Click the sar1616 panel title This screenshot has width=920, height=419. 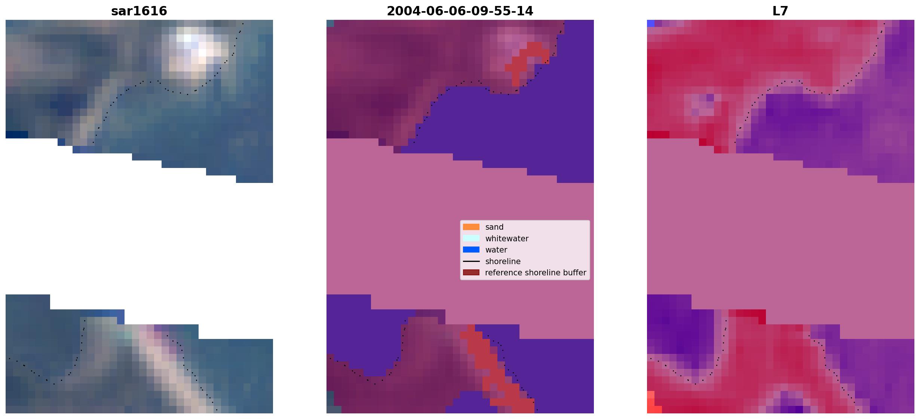139,11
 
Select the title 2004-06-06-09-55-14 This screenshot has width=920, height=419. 460,11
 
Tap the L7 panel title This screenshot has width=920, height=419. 781,11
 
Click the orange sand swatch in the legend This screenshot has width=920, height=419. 471,227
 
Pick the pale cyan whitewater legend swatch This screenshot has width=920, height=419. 471,238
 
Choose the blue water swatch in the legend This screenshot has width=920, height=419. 471,250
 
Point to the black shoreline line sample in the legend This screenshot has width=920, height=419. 471,261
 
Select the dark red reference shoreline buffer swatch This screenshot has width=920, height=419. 471,272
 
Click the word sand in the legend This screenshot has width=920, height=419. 494,227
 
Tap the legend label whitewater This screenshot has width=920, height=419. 507,239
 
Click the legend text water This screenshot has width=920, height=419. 496,250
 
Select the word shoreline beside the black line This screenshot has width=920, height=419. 503,262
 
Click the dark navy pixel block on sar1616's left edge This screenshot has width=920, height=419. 17,135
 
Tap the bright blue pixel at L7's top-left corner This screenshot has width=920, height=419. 651,23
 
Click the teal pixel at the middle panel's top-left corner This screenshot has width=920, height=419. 330,23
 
